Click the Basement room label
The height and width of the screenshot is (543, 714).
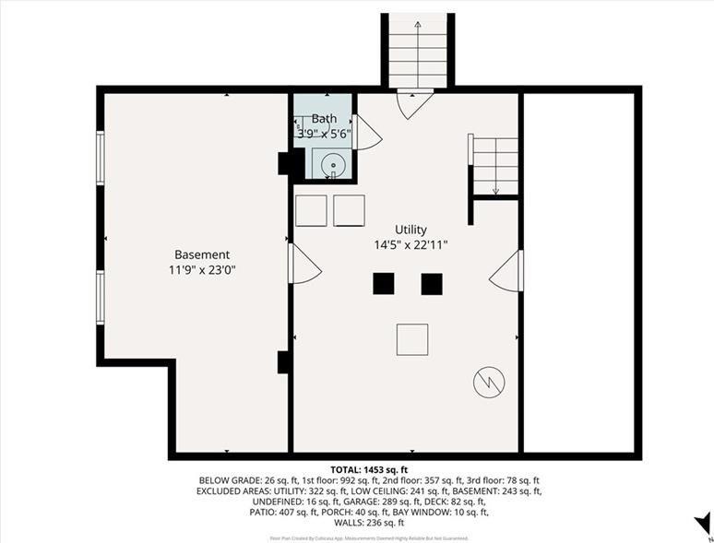tap(202, 254)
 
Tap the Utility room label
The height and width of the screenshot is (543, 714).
tap(411, 230)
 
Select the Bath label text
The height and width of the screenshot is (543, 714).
tap(324, 119)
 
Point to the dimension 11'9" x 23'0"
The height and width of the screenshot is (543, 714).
tap(202, 271)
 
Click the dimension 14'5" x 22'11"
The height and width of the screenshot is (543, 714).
tap(411, 245)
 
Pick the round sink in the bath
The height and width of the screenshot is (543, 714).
tap(333, 166)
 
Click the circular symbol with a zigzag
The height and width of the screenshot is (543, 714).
tap(488, 382)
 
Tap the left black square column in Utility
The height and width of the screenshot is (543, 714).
tap(383, 284)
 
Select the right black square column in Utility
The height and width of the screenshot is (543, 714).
tap(431, 284)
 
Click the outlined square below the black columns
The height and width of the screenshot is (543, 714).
tap(412, 339)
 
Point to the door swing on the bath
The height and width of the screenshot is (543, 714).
tap(366, 134)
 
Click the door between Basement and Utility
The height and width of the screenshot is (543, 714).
tap(303, 265)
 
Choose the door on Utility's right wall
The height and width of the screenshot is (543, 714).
tap(507, 271)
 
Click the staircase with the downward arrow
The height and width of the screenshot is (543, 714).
tap(495, 166)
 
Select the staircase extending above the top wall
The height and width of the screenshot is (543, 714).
tap(418, 51)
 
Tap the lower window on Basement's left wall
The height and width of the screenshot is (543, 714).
tap(101, 297)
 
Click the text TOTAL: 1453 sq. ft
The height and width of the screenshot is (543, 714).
tap(368, 470)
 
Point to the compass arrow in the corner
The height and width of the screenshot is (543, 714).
tap(702, 523)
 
